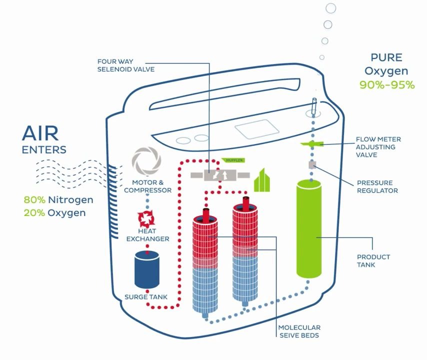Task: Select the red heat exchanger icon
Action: pyautogui.click(x=147, y=219)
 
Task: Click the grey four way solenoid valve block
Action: pyautogui.click(x=219, y=175)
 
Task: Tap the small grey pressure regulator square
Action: pyautogui.click(x=312, y=165)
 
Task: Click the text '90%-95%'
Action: pyautogui.click(x=387, y=84)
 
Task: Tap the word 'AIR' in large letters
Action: pyautogui.click(x=40, y=133)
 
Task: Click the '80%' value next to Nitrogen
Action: pyautogui.click(x=34, y=200)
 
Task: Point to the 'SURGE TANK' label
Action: pyautogui.click(x=146, y=297)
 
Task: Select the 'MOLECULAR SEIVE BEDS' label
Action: pyautogui.click(x=299, y=331)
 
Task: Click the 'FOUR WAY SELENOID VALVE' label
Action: pyautogui.click(x=126, y=65)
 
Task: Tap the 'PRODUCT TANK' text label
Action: pyautogui.click(x=373, y=260)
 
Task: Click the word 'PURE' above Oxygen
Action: pyautogui.click(x=386, y=57)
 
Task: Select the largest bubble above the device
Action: pyautogui.click(x=330, y=8)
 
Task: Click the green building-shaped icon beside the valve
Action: pyautogui.click(x=262, y=181)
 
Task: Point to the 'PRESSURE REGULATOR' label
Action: pyautogui.click(x=377, y=186)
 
